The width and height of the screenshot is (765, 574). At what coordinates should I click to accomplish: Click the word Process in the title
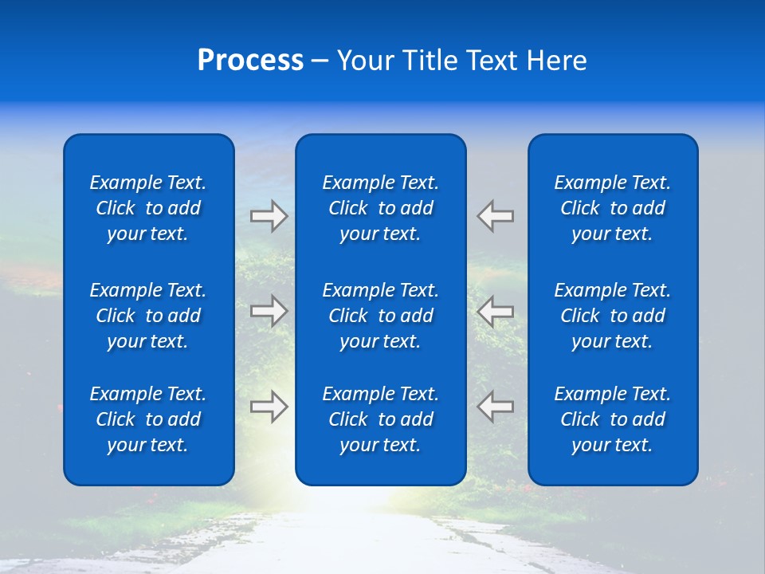point(250,61)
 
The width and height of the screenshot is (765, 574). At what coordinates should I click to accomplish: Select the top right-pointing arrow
point(269,216)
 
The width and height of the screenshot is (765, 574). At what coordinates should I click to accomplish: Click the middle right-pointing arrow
point(269,311)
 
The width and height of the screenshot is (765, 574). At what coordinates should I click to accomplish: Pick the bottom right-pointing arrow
point(269,407)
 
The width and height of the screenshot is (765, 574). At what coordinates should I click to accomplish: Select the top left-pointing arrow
point(495,216)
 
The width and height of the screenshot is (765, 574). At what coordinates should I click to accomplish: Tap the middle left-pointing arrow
point(495,311)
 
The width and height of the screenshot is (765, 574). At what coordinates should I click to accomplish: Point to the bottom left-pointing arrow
point(495,407)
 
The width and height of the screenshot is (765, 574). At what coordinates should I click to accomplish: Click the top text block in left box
point(148,208)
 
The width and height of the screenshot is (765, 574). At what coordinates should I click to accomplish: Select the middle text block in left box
point(148,316)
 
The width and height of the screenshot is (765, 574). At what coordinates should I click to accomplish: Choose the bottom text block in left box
point(148,419)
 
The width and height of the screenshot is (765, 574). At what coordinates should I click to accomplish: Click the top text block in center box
point(380,208)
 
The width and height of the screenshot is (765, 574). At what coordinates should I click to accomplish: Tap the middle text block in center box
point(380,316)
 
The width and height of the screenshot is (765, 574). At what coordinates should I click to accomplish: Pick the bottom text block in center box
point(380,419)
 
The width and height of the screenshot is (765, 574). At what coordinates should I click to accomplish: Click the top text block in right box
point(612,208)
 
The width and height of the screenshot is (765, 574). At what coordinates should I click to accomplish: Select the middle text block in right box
point(612,316)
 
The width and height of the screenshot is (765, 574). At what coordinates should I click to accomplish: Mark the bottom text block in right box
point(612,419)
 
